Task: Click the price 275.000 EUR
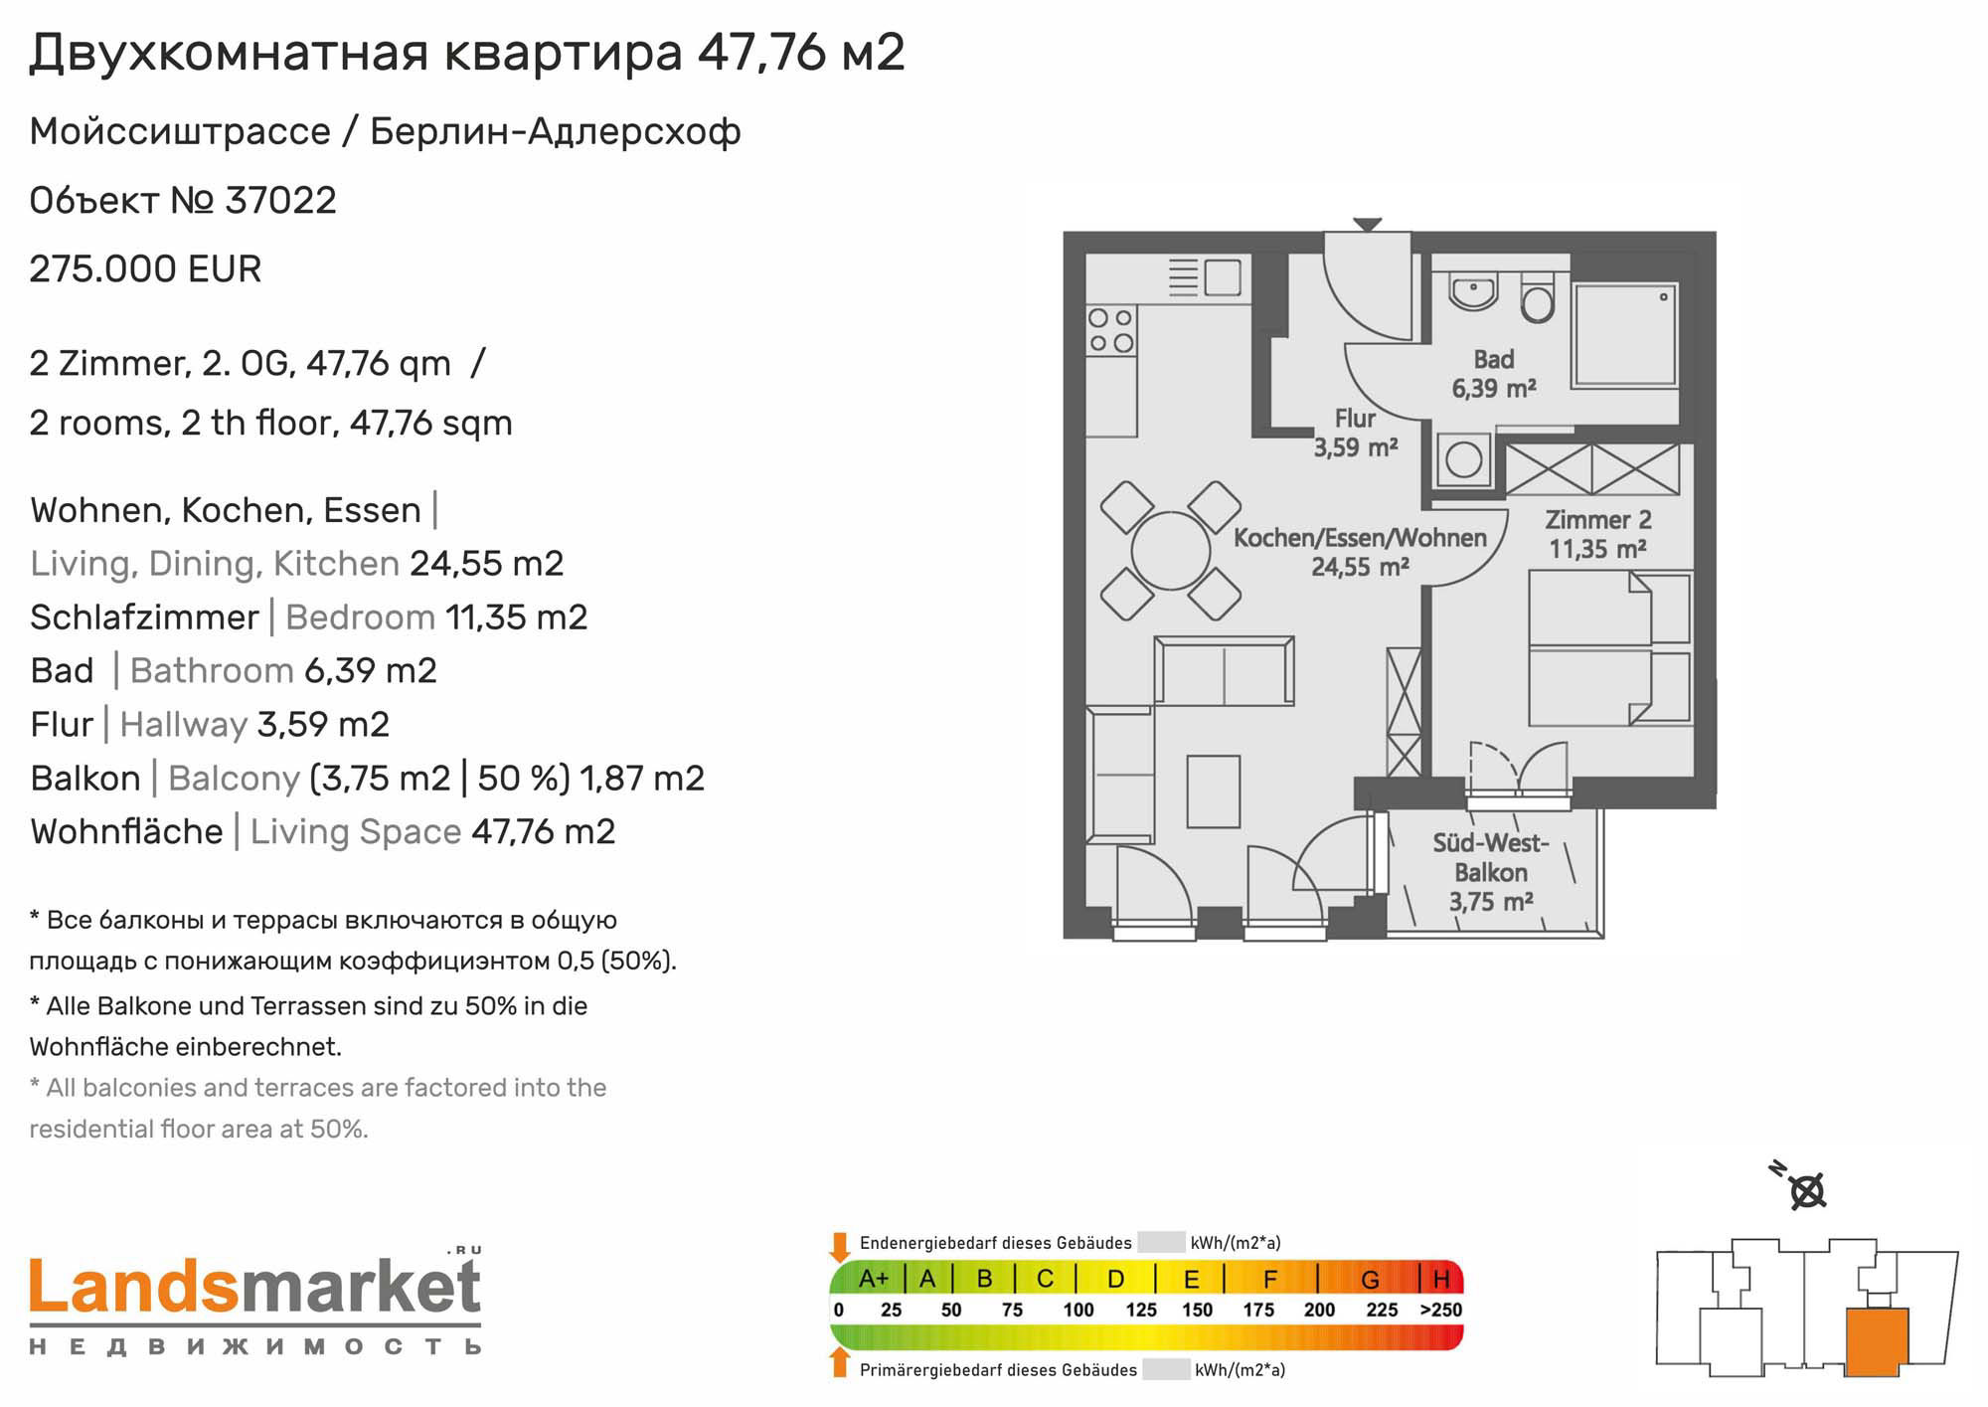point(145,269)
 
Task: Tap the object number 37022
point(280,201)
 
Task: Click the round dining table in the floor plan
point(1171,551)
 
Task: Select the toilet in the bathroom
point(1537,296)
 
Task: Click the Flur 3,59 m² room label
point(1356,434)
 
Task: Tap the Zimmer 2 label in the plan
point(1598,534)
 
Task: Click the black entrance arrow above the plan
point(1368,225)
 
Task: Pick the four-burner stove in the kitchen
point(1111,330)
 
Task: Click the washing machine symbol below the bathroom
point(1463,459)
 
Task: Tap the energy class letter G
point(1370,1280)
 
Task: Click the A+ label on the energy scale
point(874,1279)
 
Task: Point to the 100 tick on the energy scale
point(1078,1311)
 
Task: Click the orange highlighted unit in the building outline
point(1877,1341)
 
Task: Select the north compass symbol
point(1801,1186)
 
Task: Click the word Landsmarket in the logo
point(255,1287)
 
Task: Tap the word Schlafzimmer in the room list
point(144,617)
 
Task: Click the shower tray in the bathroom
point(1624,336)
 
